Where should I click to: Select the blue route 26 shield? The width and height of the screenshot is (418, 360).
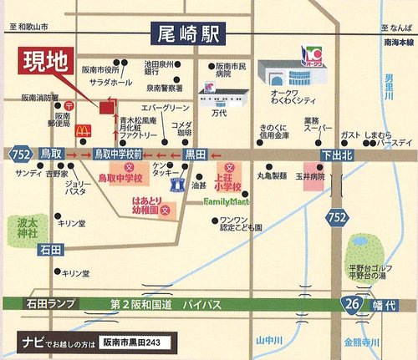pyautogui.click(x=356, y=306)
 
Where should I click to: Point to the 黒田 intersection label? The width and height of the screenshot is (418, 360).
pyautogui.click(x=196, y=155)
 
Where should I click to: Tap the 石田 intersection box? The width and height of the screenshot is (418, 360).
pyautogui.click(x=50, y=249)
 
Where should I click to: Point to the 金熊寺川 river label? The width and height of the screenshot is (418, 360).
pyautogui.click(x=362, y=343)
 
